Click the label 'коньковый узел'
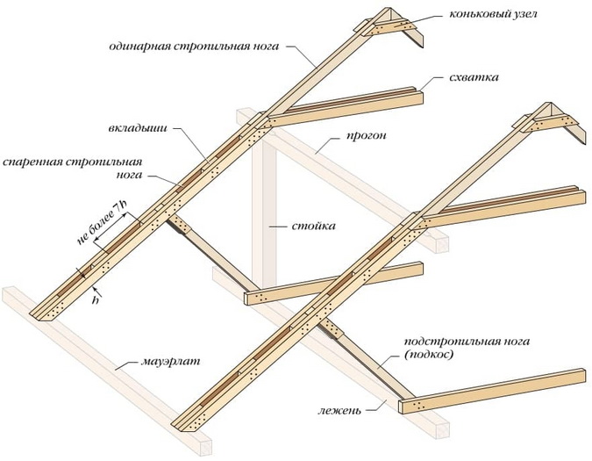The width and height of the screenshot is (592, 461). (x=493, y=14)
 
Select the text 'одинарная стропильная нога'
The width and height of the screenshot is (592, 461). (x=194, y=47)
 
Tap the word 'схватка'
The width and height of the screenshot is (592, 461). (x=474, y=77)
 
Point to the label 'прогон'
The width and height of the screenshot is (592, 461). (x=367, y=135)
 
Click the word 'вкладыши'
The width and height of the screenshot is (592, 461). (x=138, y=127)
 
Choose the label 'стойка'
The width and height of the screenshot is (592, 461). (x=313, y=226)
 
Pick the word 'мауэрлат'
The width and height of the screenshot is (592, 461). (x=170, y=361)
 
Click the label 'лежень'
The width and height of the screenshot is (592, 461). (x=339, y=410)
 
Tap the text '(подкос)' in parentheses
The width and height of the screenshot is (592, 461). (x=429, y=356)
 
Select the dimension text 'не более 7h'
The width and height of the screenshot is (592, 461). (x=101, y=222)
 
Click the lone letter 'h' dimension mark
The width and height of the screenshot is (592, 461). (x=96, y=300)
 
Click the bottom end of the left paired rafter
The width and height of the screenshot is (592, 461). (x=45, y=312)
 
